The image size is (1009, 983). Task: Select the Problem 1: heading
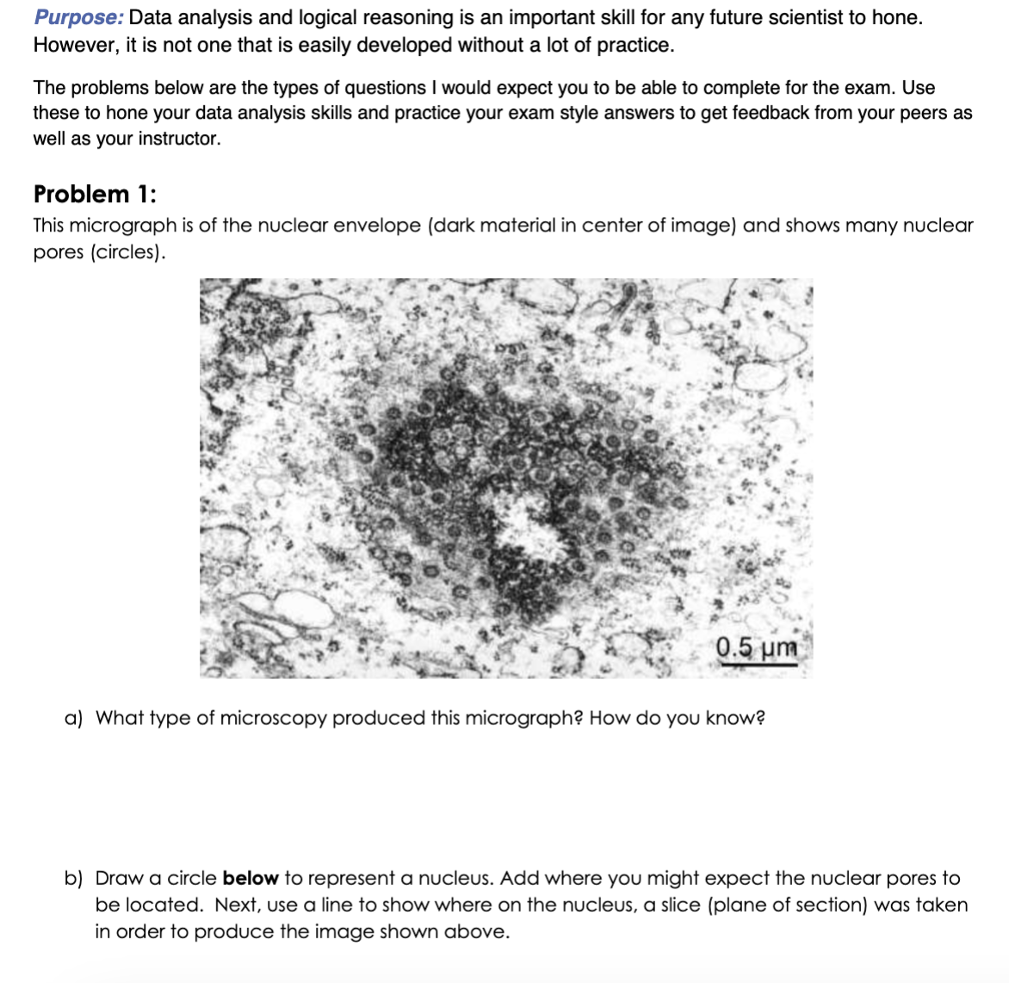pyautogui.click(x=95, y=195)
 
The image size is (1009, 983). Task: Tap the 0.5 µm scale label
pyautogui.click(x=756, y=647)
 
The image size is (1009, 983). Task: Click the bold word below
pyautogui.click(x=250, y=879)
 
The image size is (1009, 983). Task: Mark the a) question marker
pyautogui.click(x=73, y=718)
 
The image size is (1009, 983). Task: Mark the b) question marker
pyautogui.click(x=73, y=879)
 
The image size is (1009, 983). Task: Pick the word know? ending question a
pyautogui.click(x=734, y=718)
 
